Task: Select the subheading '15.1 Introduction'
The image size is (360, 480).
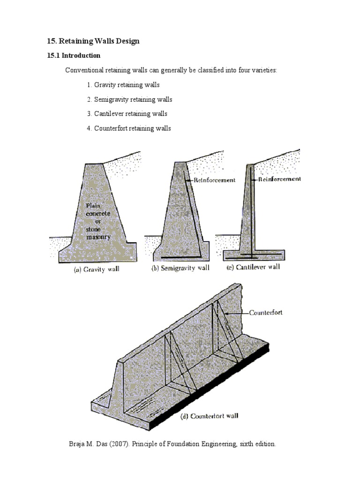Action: click(x=74, y=55)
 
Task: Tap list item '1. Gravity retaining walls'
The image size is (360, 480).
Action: click(x=123, y=85)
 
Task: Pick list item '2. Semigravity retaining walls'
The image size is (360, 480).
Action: click(x=129, y=99)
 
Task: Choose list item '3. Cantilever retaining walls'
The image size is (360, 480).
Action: click(x=127, y=113)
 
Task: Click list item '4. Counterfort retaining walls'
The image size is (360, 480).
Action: click(x=128, y=128)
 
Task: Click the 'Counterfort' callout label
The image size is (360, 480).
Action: click(x=265, y=313)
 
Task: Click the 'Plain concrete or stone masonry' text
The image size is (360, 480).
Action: click(x=98, y=221)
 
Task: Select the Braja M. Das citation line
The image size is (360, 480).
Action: click(x=172, y=443)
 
